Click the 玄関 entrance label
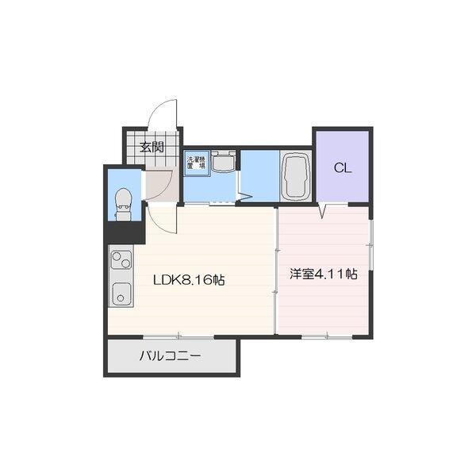(152, 148)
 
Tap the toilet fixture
(124, 204)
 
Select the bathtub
(296, 176)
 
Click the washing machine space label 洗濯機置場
(196, 163)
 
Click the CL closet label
(343, 168)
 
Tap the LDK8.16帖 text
(189, 280)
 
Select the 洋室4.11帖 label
(324, 274)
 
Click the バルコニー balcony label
(170, 355)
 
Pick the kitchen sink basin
(121, 294)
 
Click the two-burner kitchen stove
(121, 260)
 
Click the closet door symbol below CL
(323, 211)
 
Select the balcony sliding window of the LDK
(178, 336)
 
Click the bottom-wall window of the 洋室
(327, 336)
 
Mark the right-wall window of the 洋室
(370, 244)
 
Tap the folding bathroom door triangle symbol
(245, 196)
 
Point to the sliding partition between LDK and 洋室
(276, 271)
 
